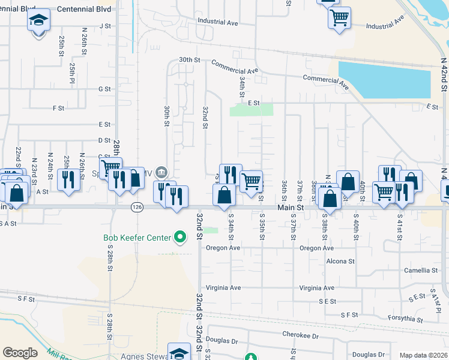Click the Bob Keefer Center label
pyautogui.click(x=137, y=238)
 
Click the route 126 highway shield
pyautogui.click(x=137, y=207)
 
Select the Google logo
pyautogui.click(x=20, y=353)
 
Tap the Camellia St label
pyautogui.click(x=421, y=271)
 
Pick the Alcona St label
pyautogui.click(x=340, y=262)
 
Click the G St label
pyautogui.click(x=105, y=89)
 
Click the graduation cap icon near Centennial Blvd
pyautogui.click(x=38, y=20)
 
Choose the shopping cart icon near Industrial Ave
pyautogui.click(x=339, y=17)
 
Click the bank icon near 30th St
pyautogui.click(x=161, y=173)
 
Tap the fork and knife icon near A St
pyautogui.click(x=68, y=179)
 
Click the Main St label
pyautogui.click(x=289, y=207)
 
